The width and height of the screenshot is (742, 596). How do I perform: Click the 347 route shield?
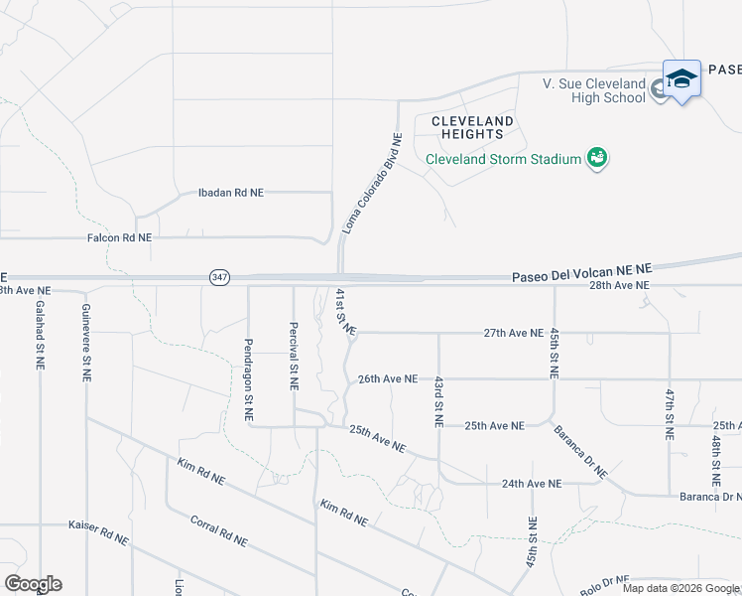[x=220, y=277]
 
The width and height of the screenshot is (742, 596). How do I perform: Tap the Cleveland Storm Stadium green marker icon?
[x=597, y=158]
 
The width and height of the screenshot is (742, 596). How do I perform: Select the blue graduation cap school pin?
[x=681, y=78]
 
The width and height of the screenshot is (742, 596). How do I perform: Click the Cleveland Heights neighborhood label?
[x=473, y=127]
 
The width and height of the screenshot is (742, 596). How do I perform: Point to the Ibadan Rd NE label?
[x=231, y=192]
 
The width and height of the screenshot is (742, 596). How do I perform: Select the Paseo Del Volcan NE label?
[x=582, y=269]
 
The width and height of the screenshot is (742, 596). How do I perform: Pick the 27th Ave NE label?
[x=513, y=334]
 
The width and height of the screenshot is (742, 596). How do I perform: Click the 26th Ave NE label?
[x=388, y=379]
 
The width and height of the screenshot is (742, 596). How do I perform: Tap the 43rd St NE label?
[x=438, y=401]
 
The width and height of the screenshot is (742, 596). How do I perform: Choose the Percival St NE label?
[x=294, y=356]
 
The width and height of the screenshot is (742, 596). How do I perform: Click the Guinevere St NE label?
[x=86, y=344]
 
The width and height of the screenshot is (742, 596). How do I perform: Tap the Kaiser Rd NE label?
[x=98, y=532]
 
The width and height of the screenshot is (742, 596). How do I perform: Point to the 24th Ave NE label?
[x=532, y=484]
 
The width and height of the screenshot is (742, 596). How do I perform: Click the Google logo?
[x=33, y=584]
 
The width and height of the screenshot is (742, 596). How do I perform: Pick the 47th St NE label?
[x=670, y=414]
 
